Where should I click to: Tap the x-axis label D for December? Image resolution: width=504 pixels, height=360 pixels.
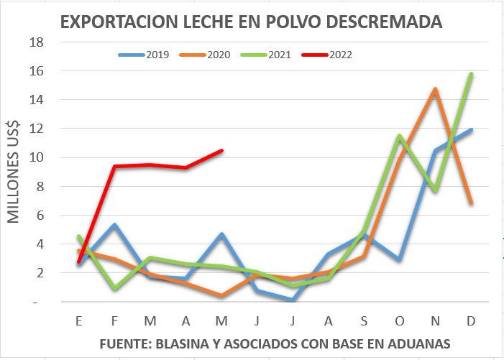pos(471,321)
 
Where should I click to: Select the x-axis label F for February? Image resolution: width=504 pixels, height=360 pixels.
pos(114,321)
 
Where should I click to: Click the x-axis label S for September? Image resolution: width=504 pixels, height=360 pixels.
pos(364,321)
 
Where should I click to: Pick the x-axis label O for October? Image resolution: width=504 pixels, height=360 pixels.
pos(399,321)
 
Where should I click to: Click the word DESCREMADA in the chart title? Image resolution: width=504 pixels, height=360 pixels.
pos(388,22)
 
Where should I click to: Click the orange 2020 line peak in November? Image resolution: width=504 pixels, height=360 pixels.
pos(435,90)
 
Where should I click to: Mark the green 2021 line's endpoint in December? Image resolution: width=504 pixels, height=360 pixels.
pos(471,74)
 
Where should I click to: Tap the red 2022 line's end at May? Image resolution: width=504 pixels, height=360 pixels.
pos(221,151)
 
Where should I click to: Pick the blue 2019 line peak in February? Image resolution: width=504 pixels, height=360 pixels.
pos(114,226)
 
